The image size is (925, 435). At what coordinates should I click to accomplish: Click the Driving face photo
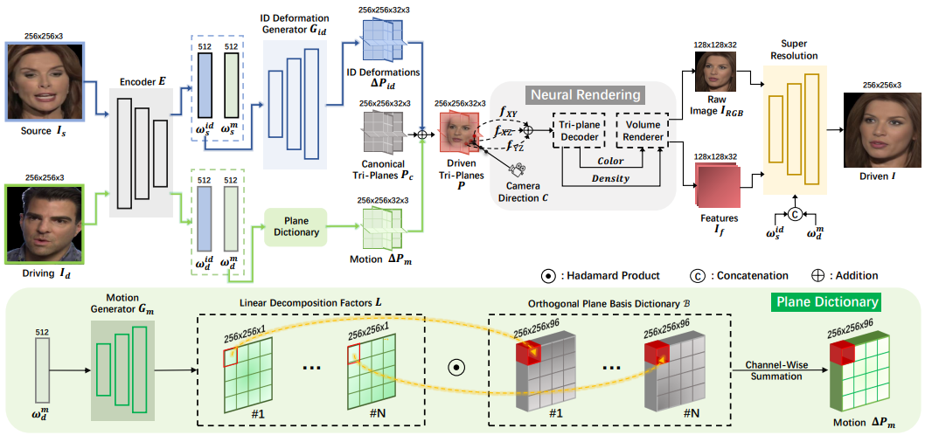pos(43,224)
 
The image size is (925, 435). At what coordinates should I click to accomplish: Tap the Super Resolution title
pos(794,49)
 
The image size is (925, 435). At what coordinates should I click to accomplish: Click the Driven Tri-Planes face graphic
pos(460,132)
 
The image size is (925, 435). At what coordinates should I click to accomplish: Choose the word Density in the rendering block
pos(612,179)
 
